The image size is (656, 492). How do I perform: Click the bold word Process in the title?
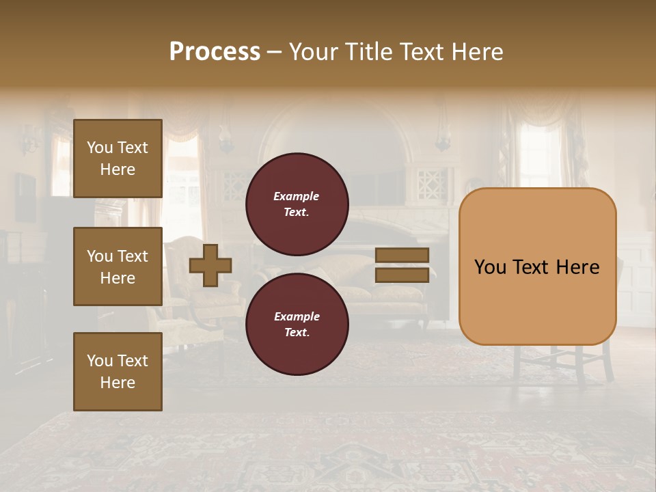[215, 52]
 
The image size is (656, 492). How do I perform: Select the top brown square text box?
[118, 159]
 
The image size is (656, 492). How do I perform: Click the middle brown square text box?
[118, 266]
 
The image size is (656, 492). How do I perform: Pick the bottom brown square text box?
[118, 372]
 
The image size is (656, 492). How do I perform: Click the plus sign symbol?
[210, 265]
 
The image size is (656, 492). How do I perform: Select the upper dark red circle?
[297, 204]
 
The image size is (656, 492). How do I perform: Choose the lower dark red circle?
[297, 324]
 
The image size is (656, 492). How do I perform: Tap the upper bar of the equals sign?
[402, 256]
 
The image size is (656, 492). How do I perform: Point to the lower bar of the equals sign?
[402, 275]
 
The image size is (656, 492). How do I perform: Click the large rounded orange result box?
[537, 301]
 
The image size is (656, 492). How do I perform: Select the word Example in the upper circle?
[296, 196]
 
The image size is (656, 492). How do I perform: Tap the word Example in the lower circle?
[297, 316]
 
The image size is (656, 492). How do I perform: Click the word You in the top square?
[100, 148]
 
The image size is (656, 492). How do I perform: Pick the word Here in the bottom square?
[118, 383]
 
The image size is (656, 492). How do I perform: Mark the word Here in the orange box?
[577, 267]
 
